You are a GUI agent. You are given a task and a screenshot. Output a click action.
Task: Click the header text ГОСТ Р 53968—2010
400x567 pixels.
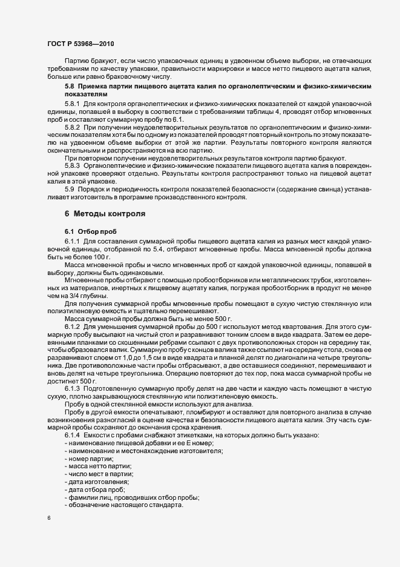pyautogui.click(x=79, y=44)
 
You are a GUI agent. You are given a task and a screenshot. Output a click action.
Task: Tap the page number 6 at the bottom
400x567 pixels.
pyautogui.click(x=49, y=519)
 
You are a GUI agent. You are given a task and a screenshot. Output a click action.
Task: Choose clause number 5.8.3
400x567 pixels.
pyautogui.click(x=73, y=165)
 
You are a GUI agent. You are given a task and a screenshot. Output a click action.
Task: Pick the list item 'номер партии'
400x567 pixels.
pyautogui.click(x=90, y=459)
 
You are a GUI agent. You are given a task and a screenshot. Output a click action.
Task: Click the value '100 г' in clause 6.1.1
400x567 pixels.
pyautogui.click(x=97, y=257)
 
